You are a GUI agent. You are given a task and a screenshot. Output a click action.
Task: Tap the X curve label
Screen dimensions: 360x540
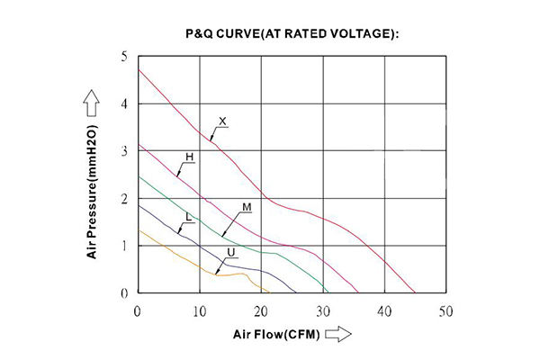(222, 121)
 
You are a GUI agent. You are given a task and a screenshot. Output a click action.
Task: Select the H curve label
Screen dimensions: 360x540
(189, 157)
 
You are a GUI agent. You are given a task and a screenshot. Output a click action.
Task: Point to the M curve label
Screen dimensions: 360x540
(246, 208)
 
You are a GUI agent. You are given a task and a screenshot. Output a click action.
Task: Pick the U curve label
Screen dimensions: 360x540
(231, 252)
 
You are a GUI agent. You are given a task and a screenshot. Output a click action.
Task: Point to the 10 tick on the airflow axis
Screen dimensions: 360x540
(199, 310)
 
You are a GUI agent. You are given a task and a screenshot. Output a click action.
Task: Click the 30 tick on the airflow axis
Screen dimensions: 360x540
(322, 310)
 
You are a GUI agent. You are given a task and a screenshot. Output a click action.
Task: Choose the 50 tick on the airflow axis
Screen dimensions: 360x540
(445, 310)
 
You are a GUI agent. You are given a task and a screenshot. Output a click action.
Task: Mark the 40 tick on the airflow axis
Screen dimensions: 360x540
(384, 310)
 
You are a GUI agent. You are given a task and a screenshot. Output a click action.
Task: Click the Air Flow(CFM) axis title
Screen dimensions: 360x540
(273, 335)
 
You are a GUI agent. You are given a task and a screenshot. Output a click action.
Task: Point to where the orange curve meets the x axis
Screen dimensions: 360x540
(269, 292)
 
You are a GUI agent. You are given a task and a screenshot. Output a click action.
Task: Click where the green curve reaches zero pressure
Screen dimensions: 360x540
(328, 292)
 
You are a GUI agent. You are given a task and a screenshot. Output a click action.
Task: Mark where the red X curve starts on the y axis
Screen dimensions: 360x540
(138, 69)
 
